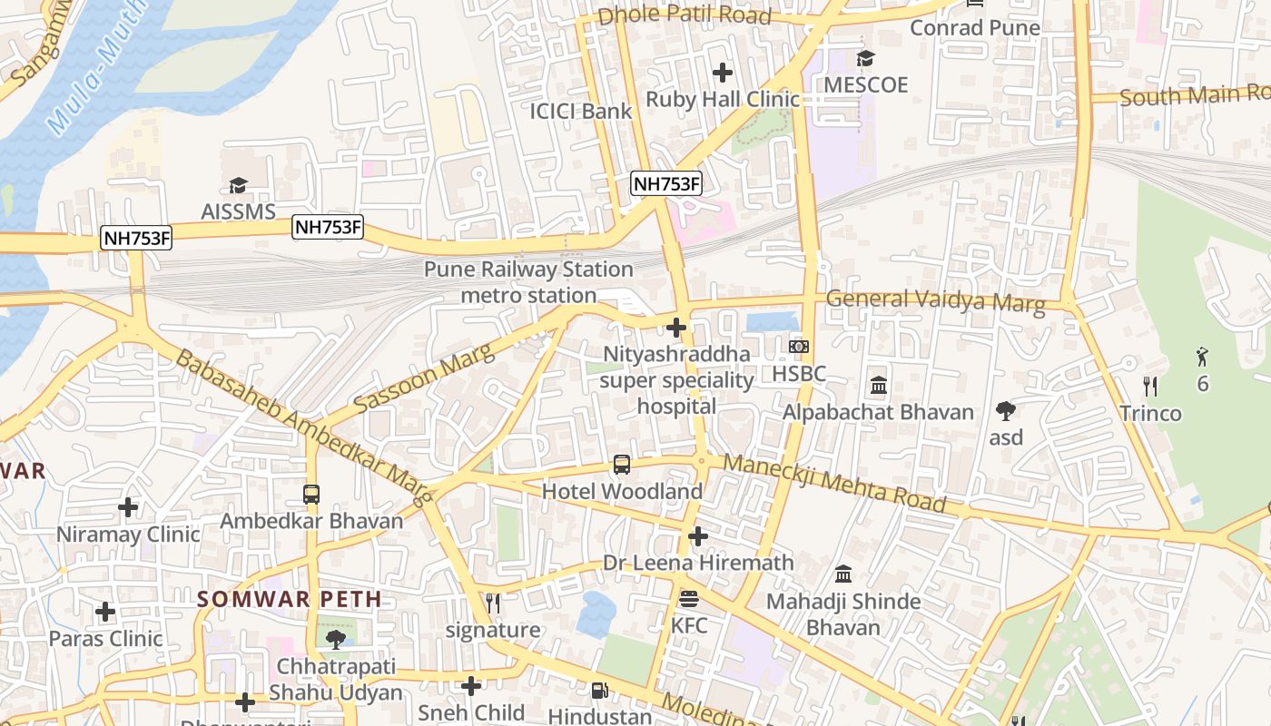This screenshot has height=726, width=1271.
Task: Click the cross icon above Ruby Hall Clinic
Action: (723, 73)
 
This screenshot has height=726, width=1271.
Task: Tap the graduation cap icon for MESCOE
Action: (865, 59)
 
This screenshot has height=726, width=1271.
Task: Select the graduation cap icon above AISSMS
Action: (238, 186)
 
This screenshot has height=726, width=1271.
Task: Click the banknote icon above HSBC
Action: (799, 347)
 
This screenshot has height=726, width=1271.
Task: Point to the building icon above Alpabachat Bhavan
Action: (878, 386)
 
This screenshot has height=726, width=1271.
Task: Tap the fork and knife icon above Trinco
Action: (1150, 387)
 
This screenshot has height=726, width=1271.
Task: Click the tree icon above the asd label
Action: (1005, 411)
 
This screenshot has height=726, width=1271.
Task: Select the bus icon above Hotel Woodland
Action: (622, 465)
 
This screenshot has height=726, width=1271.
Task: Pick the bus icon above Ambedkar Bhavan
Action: (311, 495)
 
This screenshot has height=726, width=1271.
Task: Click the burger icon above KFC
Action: (688, 599)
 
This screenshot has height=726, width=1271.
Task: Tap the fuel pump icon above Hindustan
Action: (599, 691)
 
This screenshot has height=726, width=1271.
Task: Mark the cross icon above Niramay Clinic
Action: (128, 506)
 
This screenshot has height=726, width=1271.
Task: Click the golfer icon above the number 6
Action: (1203, 356)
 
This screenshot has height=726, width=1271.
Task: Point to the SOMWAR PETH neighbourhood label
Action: (290, 599)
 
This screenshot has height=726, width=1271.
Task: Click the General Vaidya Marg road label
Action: (935, 300)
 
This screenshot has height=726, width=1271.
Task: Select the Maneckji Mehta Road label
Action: (834, 485)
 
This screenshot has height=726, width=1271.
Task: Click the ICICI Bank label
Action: (581, 112)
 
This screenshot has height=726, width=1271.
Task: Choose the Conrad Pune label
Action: (975, 28)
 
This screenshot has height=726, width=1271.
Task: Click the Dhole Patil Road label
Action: (685, 15)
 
